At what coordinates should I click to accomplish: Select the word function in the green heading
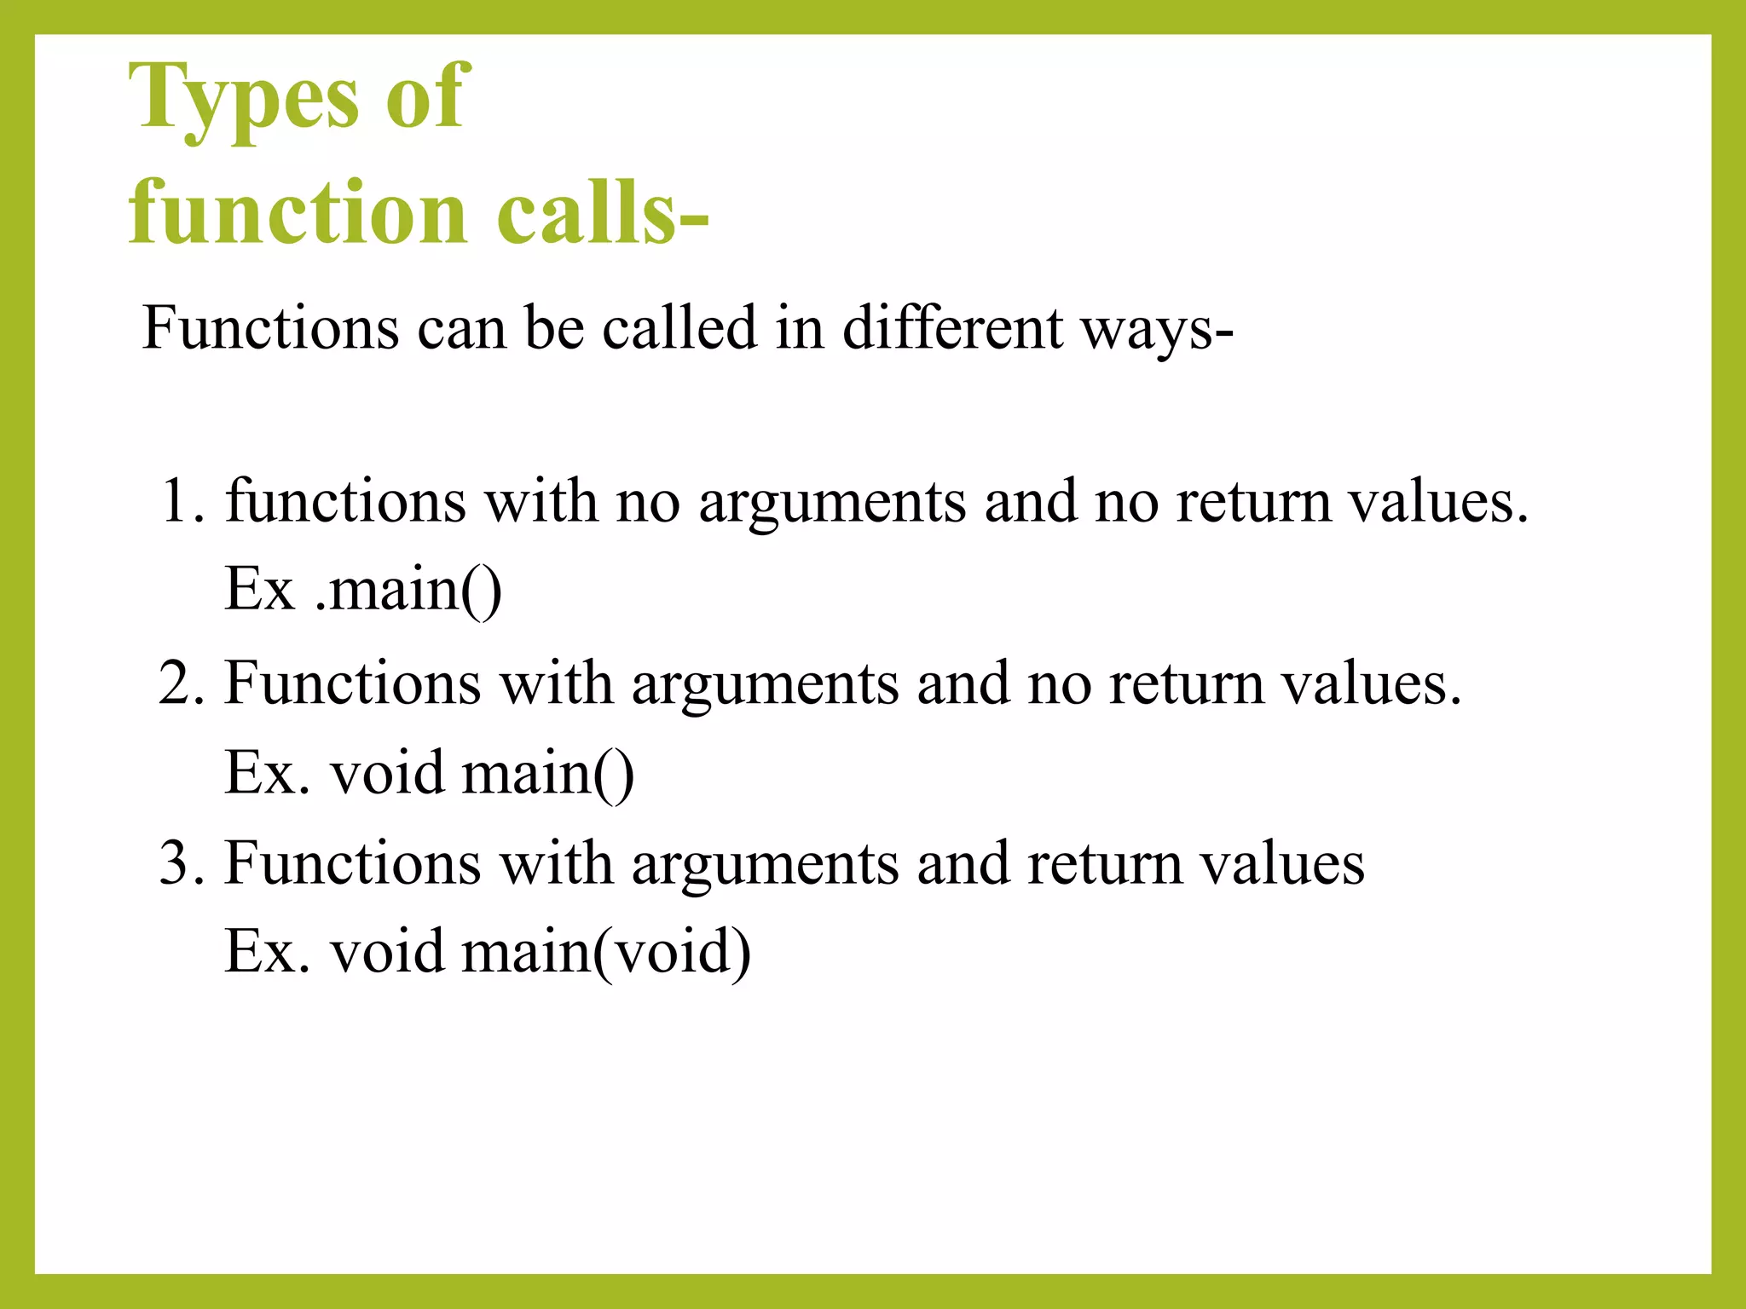298,213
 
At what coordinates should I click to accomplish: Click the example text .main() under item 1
408,590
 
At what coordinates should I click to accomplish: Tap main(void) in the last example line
606,952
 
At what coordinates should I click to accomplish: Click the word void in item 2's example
387,773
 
